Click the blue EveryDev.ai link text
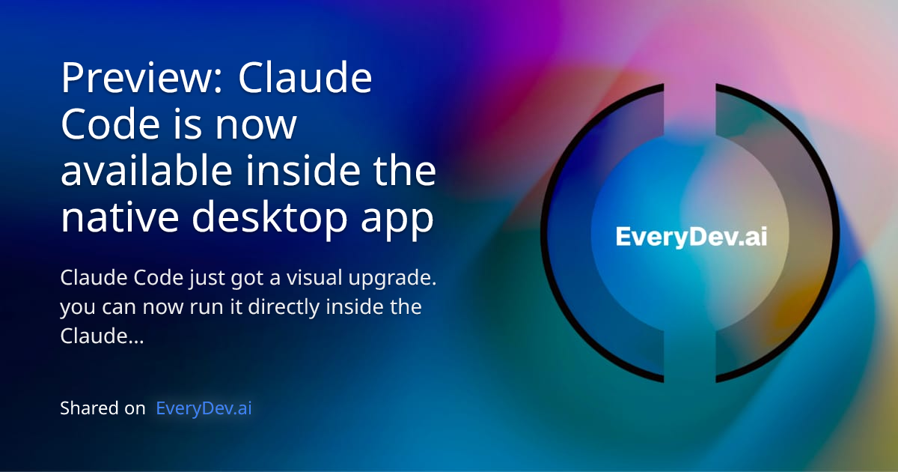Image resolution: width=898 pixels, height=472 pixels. coord(204,408)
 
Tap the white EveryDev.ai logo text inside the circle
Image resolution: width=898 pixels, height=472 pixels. coord(691,237)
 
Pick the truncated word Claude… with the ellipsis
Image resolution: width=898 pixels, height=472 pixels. coord(101,337)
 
